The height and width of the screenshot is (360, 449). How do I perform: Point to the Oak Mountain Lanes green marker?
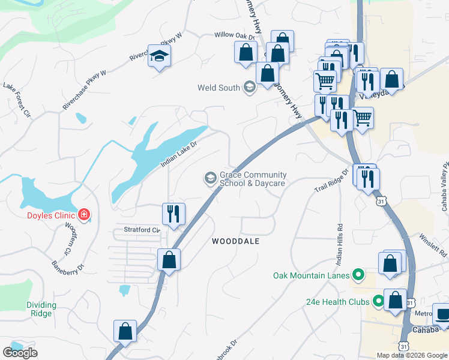(x=358, y=275)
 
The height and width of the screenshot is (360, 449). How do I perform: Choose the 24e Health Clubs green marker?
(x=379, y=301)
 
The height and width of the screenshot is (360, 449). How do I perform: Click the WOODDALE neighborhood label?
(x=235, y=241)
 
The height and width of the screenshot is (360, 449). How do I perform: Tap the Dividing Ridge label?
(x=41, y=309)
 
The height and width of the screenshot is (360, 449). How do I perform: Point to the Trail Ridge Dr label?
(x=331, y=180)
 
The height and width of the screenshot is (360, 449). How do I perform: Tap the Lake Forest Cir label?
(x=17, y=101)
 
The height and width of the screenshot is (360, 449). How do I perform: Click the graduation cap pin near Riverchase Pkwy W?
(x=158, y=56)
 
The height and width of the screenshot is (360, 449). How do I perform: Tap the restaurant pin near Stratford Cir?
(x=173, y=214)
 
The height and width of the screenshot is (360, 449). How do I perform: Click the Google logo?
(x=20, y=353)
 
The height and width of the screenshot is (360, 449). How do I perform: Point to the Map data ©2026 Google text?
(x=412, y=355)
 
